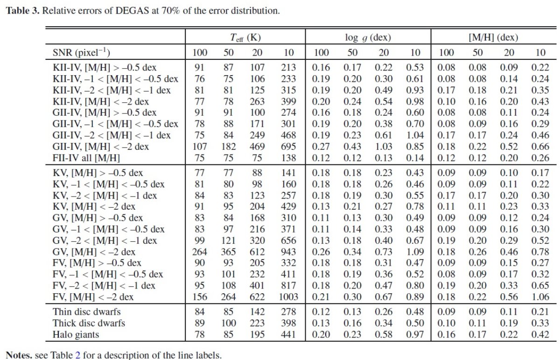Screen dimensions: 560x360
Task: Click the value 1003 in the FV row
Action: pos(288,297)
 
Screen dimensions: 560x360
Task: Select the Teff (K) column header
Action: pos(245,38)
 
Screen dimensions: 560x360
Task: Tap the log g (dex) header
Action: pos(368,38)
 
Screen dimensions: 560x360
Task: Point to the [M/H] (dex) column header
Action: pos(493,37)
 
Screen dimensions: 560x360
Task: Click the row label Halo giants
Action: pos(76,334)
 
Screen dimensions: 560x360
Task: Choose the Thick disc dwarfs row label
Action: pos(89,323)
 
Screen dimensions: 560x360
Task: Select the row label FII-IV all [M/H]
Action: pos(86,158)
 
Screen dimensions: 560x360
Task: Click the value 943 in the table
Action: pos(288,252)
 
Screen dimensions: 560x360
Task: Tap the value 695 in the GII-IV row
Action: pos(288,147)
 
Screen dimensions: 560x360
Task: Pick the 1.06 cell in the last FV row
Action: pos(540,297)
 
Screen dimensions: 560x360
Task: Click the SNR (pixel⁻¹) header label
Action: pos(81,53)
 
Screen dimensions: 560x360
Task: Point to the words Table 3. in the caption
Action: pos(23,11)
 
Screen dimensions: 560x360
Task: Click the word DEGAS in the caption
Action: pos(133,11)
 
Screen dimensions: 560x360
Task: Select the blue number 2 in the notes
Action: pos(78,355)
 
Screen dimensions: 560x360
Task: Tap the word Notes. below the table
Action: pos(19,355)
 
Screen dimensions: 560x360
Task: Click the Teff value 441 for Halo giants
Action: pos(288,334)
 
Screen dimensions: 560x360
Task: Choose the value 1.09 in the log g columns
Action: pos(415,252)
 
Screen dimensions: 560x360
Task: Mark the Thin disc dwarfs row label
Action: pos(86,312)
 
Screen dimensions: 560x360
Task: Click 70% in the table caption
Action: pos(171,11)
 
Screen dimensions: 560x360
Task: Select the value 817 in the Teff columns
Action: pos(288,286)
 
